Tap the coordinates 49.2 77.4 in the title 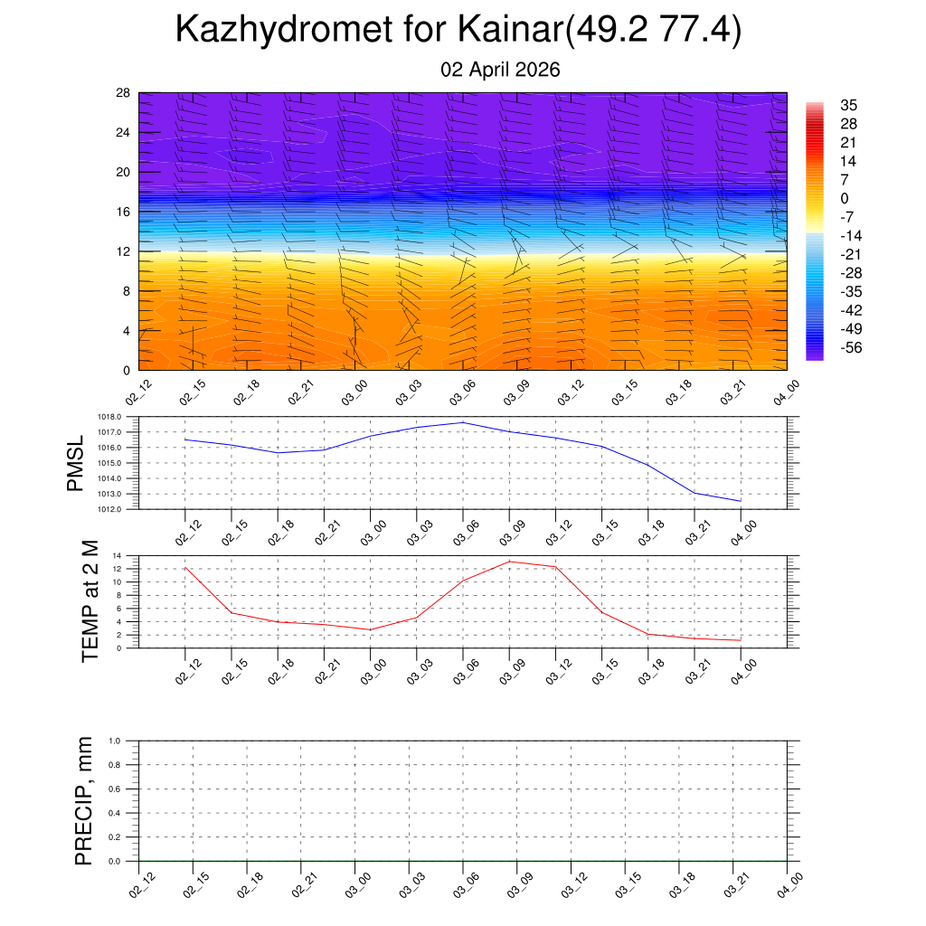coord(655,30)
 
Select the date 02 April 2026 coord(500,70)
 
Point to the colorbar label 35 coord(848,105)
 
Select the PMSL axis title coord(75,463)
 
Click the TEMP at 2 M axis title coord(90,600)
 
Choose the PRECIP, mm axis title coord(84,800)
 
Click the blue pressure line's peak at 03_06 coord(463,422)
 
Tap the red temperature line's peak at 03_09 coord(509,562)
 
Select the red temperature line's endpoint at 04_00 coord(741,640)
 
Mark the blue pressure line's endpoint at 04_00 coord(741,501)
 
